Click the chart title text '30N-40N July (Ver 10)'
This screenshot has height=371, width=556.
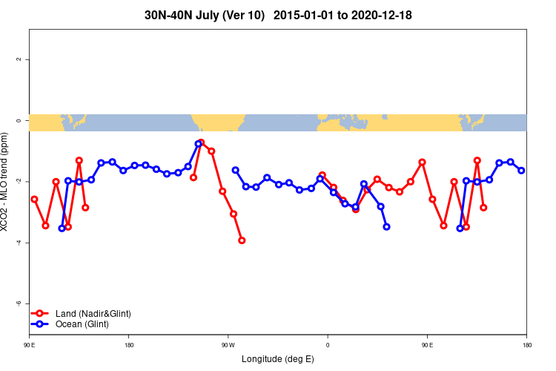pos(205,15)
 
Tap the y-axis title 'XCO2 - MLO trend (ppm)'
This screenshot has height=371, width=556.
pos(7,183)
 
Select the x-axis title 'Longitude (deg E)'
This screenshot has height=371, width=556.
pos(278,359)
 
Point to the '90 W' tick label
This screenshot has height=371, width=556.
pos(228,345)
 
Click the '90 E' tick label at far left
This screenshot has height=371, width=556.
pos(29,345)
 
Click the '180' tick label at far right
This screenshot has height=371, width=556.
pos(526,345)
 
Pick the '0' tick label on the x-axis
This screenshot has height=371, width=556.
pos(327,345)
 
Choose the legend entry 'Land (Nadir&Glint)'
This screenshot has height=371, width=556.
pos(93,314)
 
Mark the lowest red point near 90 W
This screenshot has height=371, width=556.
pos(242,240)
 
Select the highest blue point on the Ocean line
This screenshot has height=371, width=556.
pos(199,143)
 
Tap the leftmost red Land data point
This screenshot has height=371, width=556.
pos(34,199)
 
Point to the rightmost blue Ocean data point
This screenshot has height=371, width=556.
pos(521,171)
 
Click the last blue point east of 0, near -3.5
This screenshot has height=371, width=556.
pos(386,226)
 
